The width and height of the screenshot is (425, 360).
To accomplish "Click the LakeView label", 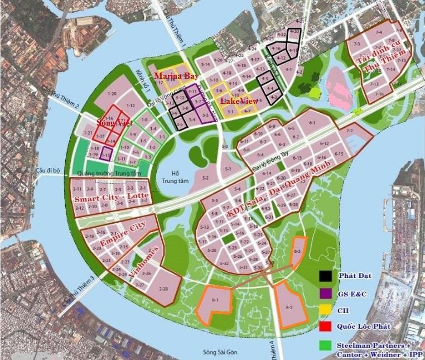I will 239,101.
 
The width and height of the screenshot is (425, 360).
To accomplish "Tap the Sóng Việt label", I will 110,122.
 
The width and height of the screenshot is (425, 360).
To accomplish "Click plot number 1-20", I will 112,94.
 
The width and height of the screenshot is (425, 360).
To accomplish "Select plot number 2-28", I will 163,289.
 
